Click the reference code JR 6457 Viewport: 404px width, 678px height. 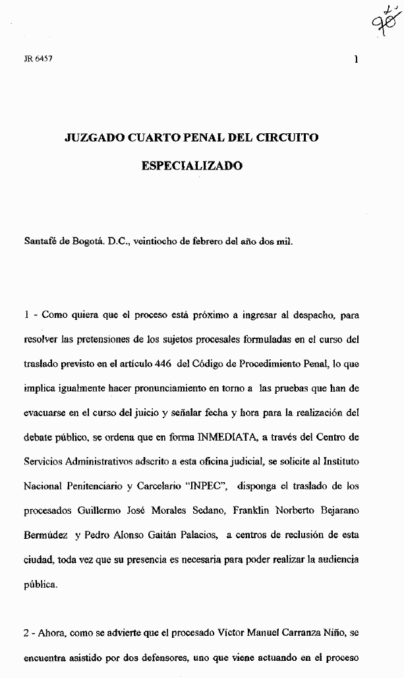click(x=38, y=58)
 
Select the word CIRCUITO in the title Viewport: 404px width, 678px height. click(x=288, y=138)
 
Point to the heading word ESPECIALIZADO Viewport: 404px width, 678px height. click(x=192, y=166)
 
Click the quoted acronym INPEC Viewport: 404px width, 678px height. click(x=207, y=487)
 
